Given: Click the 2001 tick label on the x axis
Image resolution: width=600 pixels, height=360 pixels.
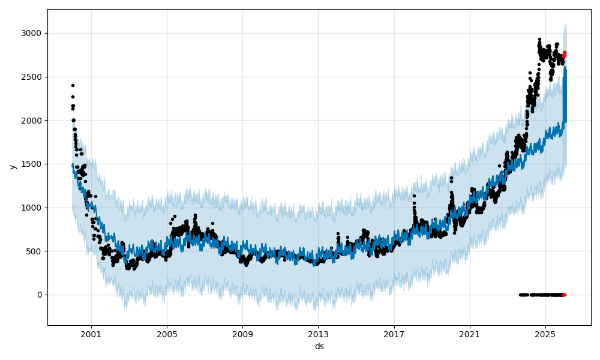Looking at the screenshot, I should pos(91,334).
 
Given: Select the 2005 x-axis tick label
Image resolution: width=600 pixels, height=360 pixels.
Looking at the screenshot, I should pos(167,334).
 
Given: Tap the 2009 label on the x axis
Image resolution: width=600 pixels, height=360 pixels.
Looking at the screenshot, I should pos(242,334).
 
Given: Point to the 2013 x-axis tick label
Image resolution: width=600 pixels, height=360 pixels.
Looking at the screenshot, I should pos(318,334).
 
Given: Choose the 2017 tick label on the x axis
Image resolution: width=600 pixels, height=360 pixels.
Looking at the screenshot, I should pos(394,334).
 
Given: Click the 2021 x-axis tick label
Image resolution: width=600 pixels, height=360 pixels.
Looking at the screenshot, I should pos(470,334).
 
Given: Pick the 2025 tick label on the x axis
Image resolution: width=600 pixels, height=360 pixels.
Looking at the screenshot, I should pos(545,334).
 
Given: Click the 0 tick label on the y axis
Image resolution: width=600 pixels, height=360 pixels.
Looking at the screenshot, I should pos(40,295).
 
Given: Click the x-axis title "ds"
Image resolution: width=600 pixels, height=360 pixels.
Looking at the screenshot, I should pos(319,346).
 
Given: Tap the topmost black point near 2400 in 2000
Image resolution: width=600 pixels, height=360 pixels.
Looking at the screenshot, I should pos(73,85).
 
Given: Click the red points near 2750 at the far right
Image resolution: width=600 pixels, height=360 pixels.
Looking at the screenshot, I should pos(564,54).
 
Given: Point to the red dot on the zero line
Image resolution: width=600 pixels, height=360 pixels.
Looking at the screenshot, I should pos(564,295).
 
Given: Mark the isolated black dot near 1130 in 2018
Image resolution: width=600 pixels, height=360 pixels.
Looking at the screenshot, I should pos(414,196).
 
